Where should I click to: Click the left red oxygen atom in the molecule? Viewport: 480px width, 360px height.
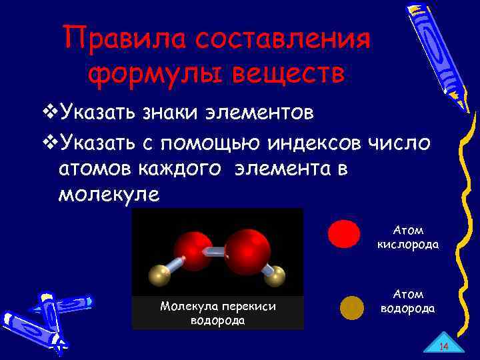pyautogui.click(x=193, y=251)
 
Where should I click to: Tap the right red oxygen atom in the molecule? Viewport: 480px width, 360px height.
pyautogui.click(x=247, y=251)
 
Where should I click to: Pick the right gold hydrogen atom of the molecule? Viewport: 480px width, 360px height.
pyautogui.click(x=275, y=275)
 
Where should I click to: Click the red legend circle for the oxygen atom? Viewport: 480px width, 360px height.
pyautogui.click(x=344, y=234)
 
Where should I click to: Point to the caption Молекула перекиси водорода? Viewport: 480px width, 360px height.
pyautogui.click(x=217, y=313)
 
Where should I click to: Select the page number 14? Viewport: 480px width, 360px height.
pyautogui.click(x=443, y=345)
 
